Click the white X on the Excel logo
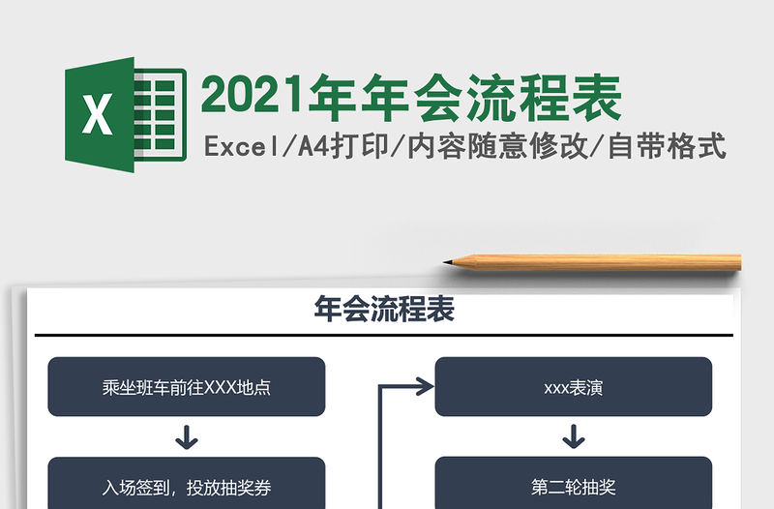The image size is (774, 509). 97,115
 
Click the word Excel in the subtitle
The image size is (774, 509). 238,147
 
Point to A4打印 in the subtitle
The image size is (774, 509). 344,147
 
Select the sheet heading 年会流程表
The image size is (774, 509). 384,310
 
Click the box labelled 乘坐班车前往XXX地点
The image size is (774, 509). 186,387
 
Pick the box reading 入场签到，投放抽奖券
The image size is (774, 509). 186,487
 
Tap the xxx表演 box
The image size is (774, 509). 574,387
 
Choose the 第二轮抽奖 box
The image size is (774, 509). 574,487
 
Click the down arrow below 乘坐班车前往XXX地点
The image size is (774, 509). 186,436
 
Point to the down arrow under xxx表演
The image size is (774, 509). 574,436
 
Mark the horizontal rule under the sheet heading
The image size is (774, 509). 384,336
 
